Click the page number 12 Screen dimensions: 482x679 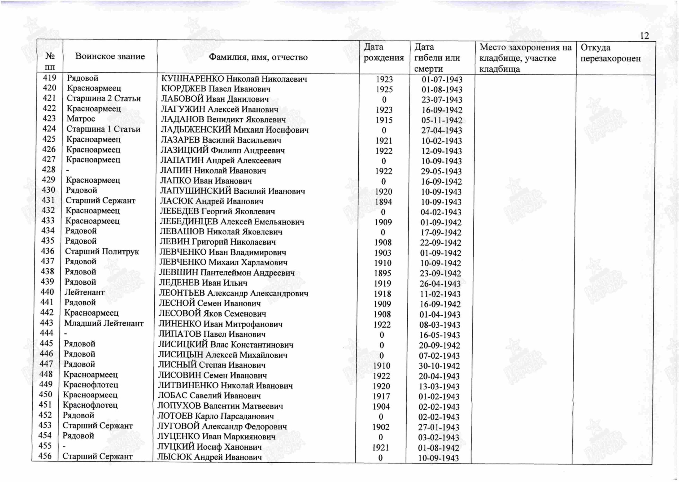point(644,36)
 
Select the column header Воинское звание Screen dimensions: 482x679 point(110,57)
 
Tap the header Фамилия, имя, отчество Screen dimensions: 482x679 point(258,57)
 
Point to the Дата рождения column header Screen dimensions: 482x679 point(384,52)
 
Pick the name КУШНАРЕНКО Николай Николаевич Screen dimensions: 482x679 point(234,79)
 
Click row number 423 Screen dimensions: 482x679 point(49,118)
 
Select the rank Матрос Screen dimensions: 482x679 point(81,119)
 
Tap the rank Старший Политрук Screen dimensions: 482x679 point(102,252)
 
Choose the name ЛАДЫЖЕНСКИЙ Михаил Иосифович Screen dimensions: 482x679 point(234,130)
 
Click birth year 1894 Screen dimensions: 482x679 point(384,202)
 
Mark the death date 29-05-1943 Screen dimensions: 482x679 point(441,172)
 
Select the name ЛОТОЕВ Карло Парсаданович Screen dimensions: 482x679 point(215,416)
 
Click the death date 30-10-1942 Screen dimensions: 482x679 point(439,366)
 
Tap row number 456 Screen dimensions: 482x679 point(45,456)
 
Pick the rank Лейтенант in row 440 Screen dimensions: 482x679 point(84,292)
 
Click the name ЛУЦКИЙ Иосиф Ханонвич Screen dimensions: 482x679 point(209,447)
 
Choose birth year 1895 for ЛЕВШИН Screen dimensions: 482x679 point(382,273)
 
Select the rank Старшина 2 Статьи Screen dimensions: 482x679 point(103,98)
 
